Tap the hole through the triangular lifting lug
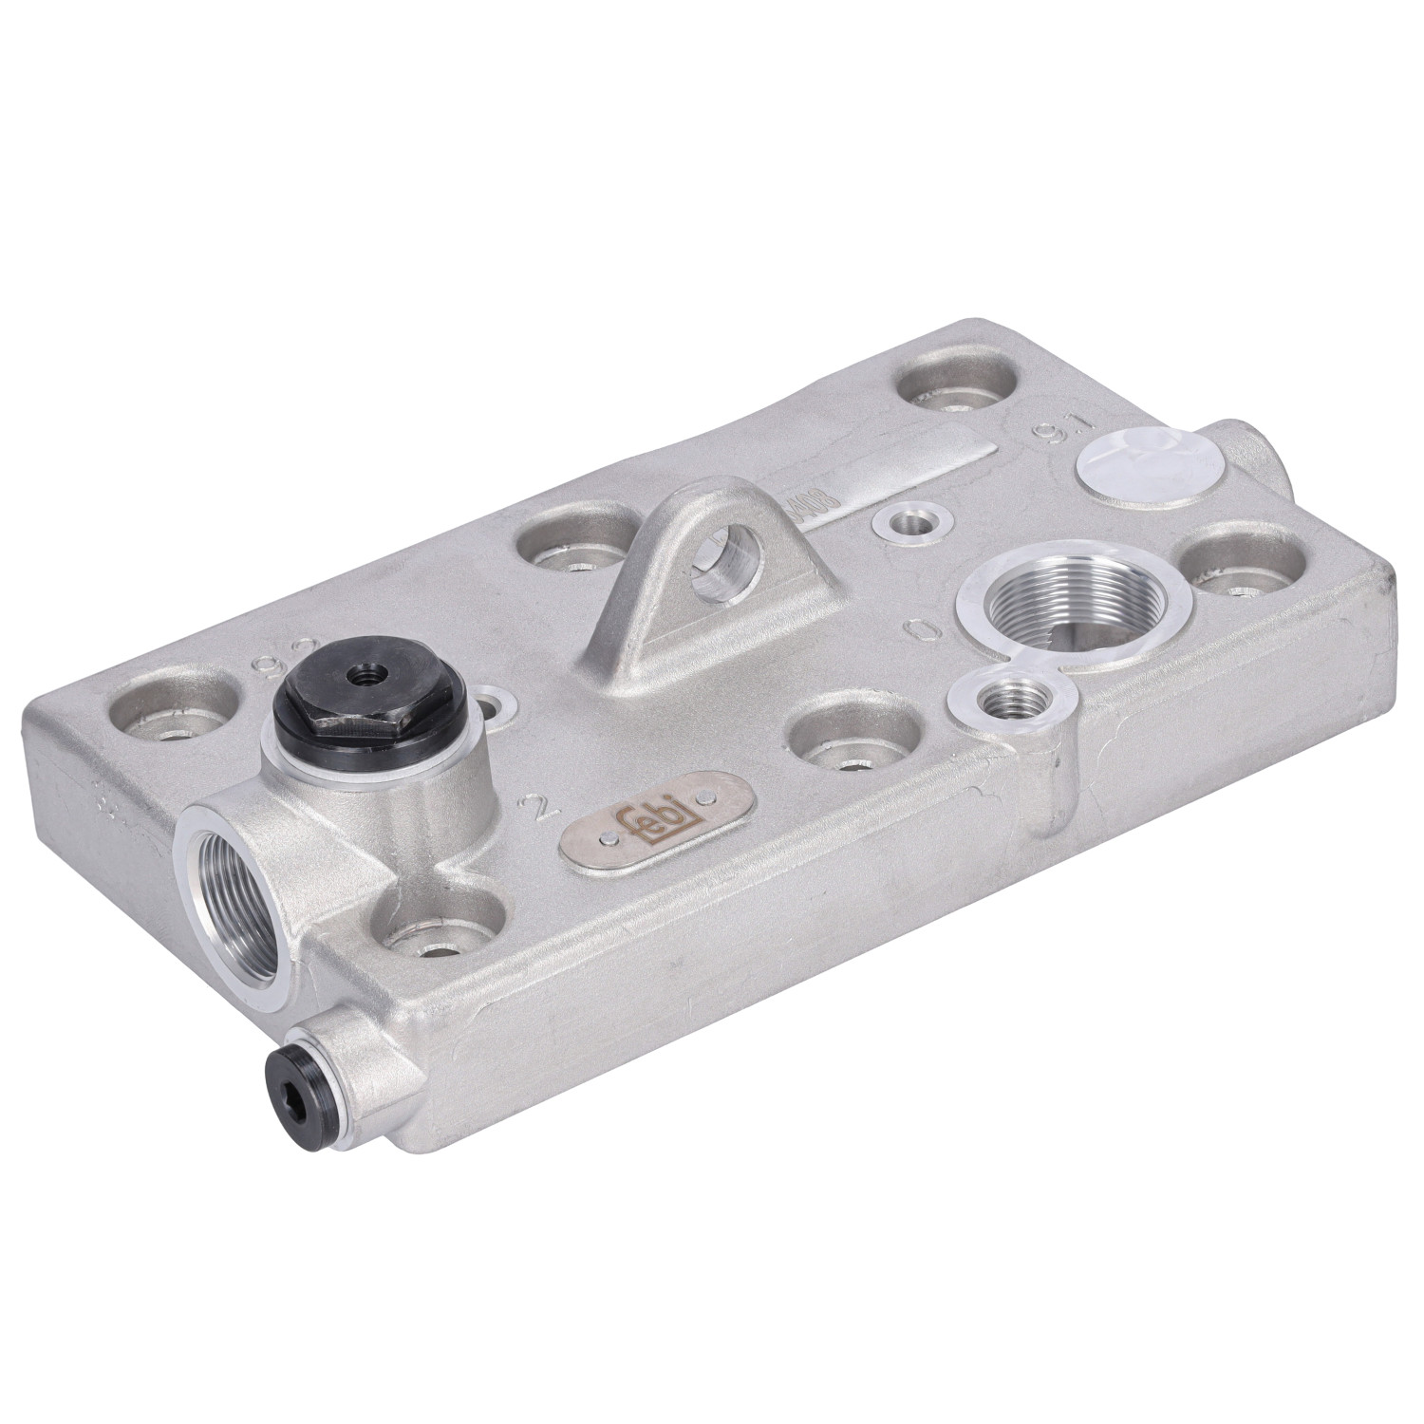point(727,569)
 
